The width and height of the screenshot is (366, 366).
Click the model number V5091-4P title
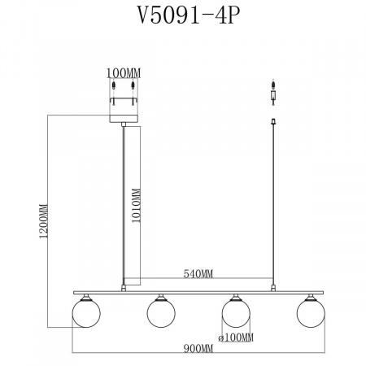[x=189, y=15]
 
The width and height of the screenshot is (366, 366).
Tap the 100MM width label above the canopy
[x=124, y=73]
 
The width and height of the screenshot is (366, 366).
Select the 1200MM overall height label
[x=44, y=221]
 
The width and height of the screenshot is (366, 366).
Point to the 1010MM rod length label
[x=136, y=205]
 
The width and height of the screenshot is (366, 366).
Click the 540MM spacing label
[x=198, y=274]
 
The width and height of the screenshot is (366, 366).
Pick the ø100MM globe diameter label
[x=236, y=338]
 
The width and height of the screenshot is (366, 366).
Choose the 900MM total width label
[x=198, y=348]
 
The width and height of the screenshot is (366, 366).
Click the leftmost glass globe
[x=86, y=313]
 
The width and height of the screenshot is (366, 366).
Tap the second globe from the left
[x=161, y=313]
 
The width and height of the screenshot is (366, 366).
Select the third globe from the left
[x=236, y=313]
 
